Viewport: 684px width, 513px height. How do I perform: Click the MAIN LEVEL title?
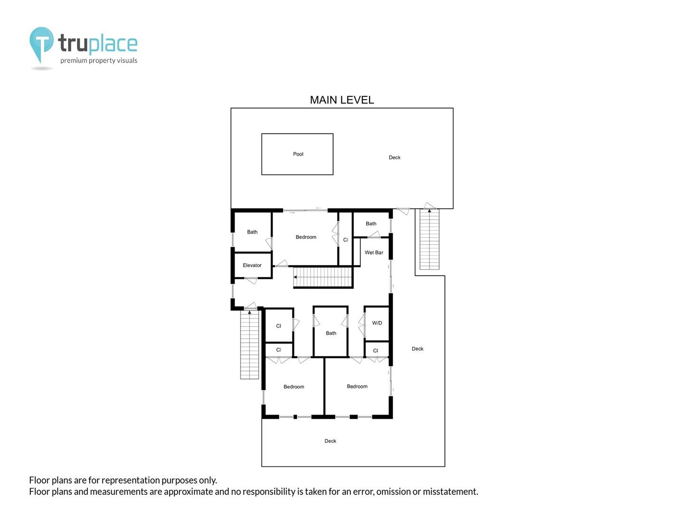click(342, 100)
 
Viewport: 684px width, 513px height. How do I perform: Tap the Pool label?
click(298, 154)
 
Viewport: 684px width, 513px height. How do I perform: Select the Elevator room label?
click(252, 265)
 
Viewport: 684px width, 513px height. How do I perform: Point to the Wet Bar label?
click(374, 252)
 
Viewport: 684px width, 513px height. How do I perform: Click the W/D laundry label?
click(377, 323)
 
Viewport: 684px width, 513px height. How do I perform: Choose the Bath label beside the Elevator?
click(252, 232)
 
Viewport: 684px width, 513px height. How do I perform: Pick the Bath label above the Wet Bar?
click(371, 223)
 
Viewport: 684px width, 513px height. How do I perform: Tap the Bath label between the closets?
click(331, 333)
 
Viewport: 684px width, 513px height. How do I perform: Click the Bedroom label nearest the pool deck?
click(306, 237)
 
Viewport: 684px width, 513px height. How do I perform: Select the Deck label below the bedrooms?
click(330, 441)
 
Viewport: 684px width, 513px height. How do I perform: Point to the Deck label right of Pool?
click(395, 157)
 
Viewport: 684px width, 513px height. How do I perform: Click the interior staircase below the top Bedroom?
click(323, 277)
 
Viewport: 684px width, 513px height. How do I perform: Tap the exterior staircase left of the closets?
click(249, 345)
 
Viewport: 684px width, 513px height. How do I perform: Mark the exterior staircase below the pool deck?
click(429, 239)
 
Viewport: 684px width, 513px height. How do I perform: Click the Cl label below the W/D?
click(376, 351)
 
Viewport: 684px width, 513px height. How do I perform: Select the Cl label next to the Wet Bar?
click(345, 239)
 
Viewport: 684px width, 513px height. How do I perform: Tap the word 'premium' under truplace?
click(74, 60)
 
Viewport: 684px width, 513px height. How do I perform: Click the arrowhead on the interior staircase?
click(295, 277)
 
